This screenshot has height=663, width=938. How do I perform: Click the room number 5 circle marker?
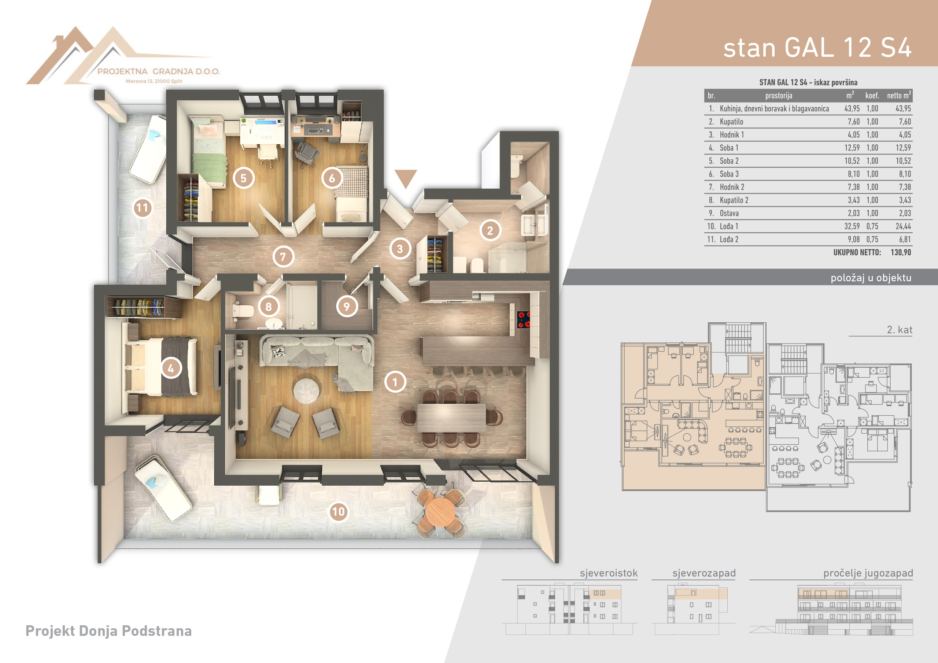click(244, 178)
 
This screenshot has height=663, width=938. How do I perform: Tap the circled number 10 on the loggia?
click(338, 511)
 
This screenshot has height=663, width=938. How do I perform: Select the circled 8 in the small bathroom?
click(269, 306)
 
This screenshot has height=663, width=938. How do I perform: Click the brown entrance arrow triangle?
click(406, 178)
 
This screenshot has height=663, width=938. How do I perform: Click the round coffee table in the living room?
click(306, 391)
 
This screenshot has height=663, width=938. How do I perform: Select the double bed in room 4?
click(161, 367)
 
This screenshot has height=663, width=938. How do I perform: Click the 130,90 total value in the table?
click(901, 252)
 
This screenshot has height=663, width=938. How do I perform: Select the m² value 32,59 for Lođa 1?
click(852, 226)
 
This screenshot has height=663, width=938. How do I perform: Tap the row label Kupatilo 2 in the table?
click(734, 200)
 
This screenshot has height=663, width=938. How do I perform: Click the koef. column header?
click(872, 96)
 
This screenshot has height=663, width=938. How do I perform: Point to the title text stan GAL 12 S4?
click(817, 48)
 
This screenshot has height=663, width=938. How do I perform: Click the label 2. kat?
click(900, 330)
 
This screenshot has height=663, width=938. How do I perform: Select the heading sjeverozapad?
click(704, 573)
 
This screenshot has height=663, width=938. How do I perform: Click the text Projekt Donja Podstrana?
click(109, 631)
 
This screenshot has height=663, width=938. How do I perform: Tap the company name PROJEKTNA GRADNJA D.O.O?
click(159, 71)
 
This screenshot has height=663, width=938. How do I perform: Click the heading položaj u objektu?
click(871, 278)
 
